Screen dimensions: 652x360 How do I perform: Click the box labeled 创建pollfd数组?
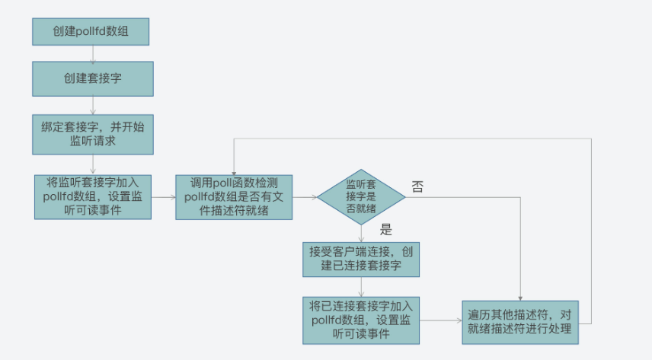point(91,32)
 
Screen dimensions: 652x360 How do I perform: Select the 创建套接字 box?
point(93,79)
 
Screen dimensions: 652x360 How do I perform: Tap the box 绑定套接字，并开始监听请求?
point(93,135)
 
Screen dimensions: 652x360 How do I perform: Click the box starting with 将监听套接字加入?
point(93,197)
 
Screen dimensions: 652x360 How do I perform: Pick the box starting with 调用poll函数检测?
point(234,197)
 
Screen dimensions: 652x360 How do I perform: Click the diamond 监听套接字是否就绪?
point(361,197)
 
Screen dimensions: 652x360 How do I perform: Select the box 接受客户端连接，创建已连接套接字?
point(361,260)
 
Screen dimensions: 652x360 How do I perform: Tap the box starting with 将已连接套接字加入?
point(361,320)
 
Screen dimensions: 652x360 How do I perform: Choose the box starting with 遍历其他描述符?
point(520,323)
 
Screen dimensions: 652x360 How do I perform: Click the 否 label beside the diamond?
point(417,186)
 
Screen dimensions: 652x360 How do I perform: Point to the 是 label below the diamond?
point(386,229)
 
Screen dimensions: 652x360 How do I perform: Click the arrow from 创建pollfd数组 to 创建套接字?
point(93,53)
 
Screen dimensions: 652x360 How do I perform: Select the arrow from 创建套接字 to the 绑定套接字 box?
point(93,106)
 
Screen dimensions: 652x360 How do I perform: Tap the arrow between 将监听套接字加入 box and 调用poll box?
point(164,197)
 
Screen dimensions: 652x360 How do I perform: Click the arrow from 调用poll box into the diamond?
point(305,197)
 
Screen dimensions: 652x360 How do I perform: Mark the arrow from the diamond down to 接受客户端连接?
point(361,234)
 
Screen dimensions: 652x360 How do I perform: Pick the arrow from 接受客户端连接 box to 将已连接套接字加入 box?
point(361,287)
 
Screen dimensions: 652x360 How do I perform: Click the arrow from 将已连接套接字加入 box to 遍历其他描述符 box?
point(441,320)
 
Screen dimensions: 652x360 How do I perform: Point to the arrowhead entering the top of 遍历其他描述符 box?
point(520,299)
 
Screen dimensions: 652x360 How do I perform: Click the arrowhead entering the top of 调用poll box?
point(234,173)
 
